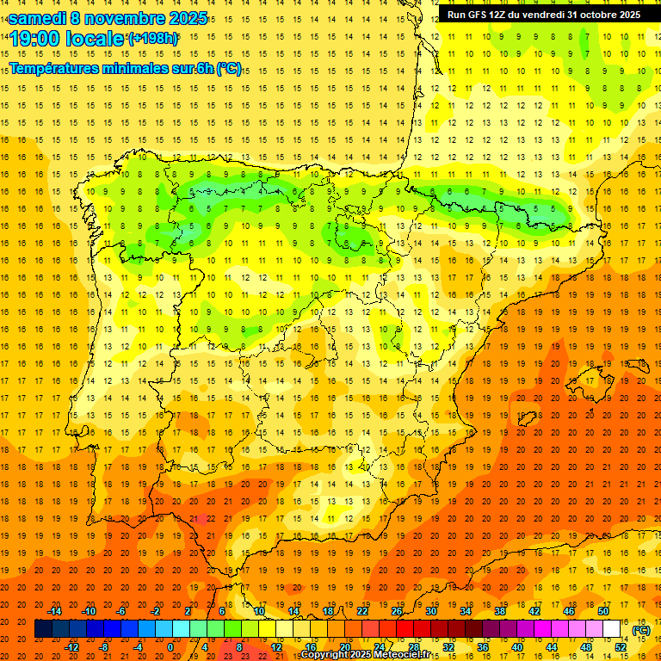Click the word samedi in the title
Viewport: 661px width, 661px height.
pyautogui.click(x=39, y=17)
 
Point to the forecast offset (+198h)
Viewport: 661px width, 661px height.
pyautogui.click(x=153, y=39)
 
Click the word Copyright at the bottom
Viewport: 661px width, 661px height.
pyautogui.click(x=325, y=654)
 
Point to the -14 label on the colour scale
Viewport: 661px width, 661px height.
pyautogui.click(x=55, y=611)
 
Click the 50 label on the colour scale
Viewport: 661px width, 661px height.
pyautogui.click(x=603, y=611)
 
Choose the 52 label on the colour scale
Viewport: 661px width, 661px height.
pyautogui.click(x=621, y=646)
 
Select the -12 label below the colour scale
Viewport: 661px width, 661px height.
pyautogui.click(x=72, y=646)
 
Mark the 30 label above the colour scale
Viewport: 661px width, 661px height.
pyautogui.click(x=430, y=611)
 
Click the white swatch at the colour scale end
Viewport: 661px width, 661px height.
pyautogui.click(x=611, y=629)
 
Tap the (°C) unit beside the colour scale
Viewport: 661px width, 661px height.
pyautogui.click(x=641, y=630)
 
